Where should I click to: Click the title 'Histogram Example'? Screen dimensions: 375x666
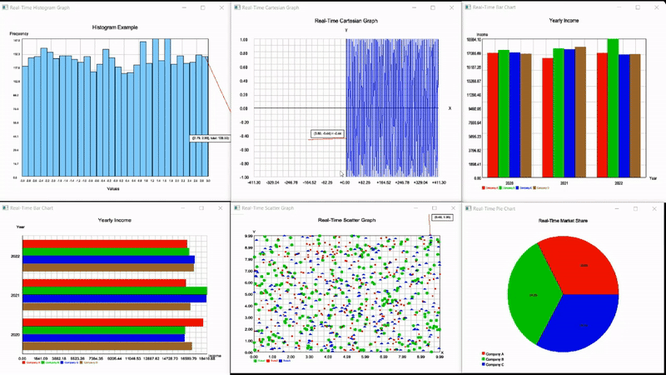coord(115,27)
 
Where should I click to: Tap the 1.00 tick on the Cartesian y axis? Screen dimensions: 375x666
coord(244,40)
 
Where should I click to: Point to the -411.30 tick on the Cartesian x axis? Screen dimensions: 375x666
coord(254,182)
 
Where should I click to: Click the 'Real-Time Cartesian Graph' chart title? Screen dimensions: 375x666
coord(345,21)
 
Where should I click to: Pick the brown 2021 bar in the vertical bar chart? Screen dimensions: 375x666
coord(580,112)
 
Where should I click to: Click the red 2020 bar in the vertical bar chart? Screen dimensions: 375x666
coord(493,115)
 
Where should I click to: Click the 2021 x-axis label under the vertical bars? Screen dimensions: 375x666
coord(564,182)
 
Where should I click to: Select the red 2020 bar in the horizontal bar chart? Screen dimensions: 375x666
coord(112,322)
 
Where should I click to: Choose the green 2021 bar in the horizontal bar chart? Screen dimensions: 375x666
coord(114,292)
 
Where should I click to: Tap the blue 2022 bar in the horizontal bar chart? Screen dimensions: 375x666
coord(108,259)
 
